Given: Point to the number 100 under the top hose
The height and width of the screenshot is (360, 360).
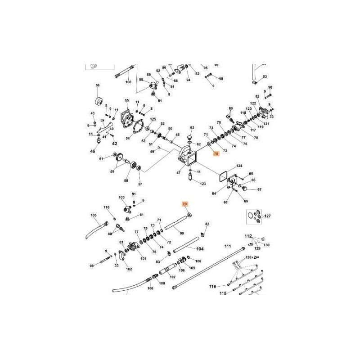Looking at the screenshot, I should point(128,82).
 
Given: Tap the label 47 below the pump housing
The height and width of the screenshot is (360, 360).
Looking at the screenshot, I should point(178,172).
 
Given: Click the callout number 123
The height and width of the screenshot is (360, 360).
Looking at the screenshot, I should point(202,184).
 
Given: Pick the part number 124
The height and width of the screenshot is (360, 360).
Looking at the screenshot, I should point(239,166).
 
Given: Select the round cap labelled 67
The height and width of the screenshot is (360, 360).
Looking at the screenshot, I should point(259,189).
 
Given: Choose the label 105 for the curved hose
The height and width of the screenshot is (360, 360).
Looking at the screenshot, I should point(94,215).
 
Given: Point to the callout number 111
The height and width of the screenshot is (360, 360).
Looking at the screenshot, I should point(228,246).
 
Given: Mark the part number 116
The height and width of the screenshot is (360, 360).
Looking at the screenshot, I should point(212,286).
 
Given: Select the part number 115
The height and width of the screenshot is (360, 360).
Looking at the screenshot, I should point(222,293).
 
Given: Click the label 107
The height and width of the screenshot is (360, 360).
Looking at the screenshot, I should point(172,276).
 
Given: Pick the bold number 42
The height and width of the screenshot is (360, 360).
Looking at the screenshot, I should point(114,144).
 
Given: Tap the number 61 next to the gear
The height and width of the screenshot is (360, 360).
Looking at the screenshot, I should point(102,158).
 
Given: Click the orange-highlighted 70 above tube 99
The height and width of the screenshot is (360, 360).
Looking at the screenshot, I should point(184,204).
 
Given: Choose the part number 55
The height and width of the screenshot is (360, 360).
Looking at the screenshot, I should point(127,100).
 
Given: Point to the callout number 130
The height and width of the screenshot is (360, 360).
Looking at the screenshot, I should point(266,245).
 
